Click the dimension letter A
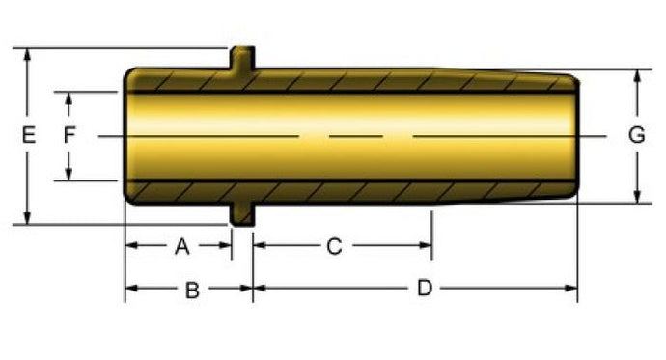click(182, 246)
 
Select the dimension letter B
click(192, 291)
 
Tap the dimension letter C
click(334, 247)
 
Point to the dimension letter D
click(425, 288)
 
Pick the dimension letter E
click(28, 135)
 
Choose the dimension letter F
click(69, 135)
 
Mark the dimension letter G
click(637, 135)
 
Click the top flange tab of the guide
click(242, 58)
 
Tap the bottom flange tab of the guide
click(242, 214)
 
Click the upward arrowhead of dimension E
click(27, 55)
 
